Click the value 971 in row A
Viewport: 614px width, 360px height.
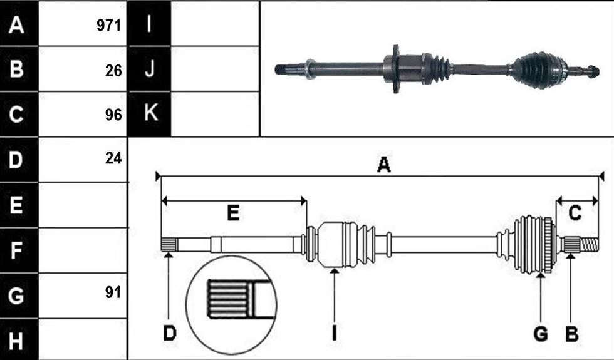tap(109, 26)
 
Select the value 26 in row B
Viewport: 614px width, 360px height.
tap(113, 71)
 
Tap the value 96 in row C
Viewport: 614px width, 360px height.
tap(113, 115)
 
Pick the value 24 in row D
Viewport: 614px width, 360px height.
tap(113, 158)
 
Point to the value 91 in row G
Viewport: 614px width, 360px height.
tap(113, 292)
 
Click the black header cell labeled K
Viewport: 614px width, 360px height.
tap(150, 114)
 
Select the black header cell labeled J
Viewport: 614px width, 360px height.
tap(150, 69)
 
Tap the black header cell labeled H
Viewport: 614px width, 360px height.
tap(19, 339)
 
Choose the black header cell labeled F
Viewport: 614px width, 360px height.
tap(19, 250)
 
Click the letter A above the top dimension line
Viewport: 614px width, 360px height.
tap(383, 165)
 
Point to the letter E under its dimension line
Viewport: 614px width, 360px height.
tap(233, 213)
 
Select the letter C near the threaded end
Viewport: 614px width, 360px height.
tap(575, 213)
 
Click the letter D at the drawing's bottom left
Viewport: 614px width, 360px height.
tap(170, 334)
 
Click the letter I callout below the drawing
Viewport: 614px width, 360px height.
tap(334, 334)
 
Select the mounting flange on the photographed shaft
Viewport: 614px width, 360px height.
tap(396, 69)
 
